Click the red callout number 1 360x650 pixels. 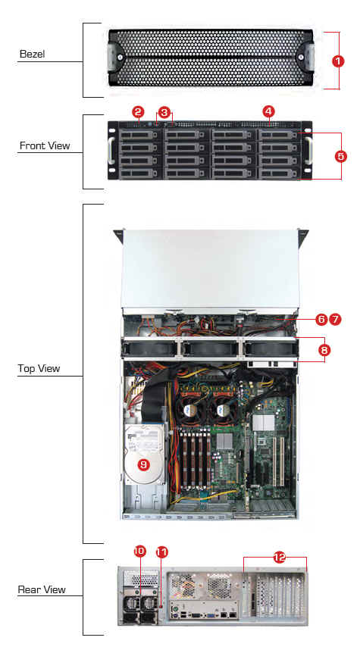tap(339, 61)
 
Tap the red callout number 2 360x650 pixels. tap(138, 111)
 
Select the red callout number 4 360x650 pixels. tap(269, 111)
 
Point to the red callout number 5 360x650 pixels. tap(340, 156)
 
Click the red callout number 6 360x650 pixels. tap(321, 320)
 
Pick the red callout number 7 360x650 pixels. tap(335, 320)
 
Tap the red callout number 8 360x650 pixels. tap(324, 350)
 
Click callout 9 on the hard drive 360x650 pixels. tap(143, 464)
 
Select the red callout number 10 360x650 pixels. tap(139, 551)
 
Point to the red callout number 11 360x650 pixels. tap(161, 552)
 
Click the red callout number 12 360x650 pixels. tap(280, 558)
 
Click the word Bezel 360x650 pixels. tap(32, 54)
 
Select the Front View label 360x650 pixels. tap(45, 145)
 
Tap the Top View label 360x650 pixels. tap(39, 368)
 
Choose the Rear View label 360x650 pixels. tap(42, 589)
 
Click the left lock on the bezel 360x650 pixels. tap(120, 57)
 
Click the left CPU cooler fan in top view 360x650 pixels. tap(192, 411)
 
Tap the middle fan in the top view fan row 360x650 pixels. tap(209, 348)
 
